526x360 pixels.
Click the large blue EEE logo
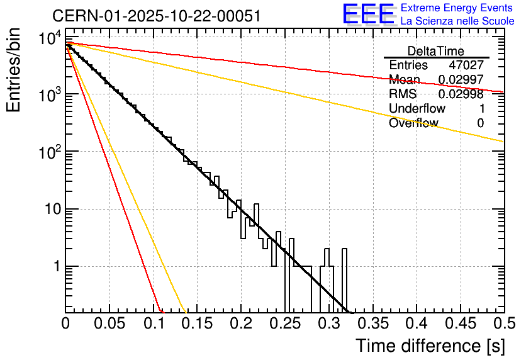coord(368,15)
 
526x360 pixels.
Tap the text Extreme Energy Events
coord(457,8)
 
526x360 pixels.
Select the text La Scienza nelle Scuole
coord(457,21)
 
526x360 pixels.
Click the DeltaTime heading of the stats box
coord(435,51)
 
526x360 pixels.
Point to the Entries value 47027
coord(466,65)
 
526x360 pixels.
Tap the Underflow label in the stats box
coord(417,109)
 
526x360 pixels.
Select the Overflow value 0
coord(480,123)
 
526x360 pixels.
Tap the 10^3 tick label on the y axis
coord(49,96)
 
